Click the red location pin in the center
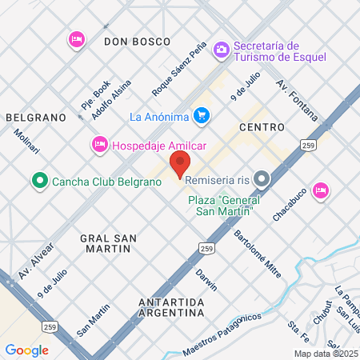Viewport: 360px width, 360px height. tap(179, 166)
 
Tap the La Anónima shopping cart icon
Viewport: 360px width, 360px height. tap(202, 115)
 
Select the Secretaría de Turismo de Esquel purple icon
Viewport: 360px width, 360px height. tap(221, 50)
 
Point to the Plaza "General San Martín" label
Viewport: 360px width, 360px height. tap(221, 205)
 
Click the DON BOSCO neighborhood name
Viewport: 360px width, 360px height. tap(138, 40)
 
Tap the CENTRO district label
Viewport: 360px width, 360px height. tap(262, 127)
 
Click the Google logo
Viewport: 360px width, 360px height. tap(26, 350)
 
